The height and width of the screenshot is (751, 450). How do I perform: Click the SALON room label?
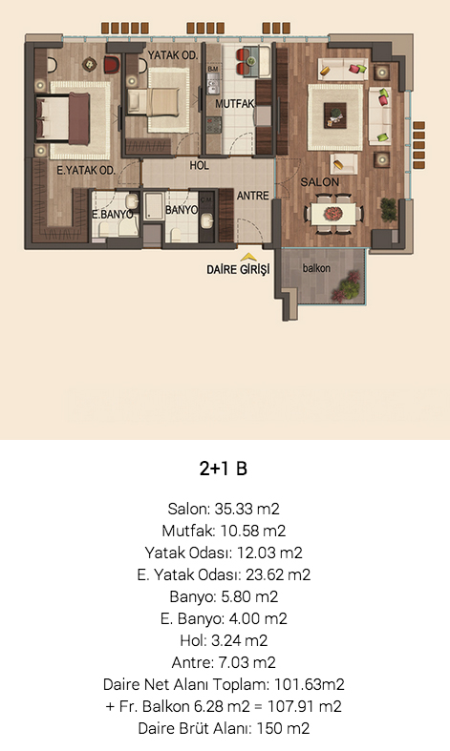[x=319, y=182]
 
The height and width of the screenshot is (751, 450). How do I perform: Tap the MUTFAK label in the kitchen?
[x=235, y=103]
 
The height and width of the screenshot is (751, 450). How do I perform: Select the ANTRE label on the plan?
[x=253, y=196]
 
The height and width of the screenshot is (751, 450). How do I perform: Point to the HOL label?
[x=199, y=165]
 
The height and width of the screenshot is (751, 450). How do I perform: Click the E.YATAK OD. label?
[x=86, y=170]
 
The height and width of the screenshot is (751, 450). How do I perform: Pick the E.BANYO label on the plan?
[x=112, y=214]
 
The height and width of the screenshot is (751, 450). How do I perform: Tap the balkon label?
[x=316, y=268]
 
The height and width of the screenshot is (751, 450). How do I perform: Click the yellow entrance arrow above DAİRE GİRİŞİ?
[x=248, y=258]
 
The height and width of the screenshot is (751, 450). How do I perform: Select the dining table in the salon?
[x=333, y=214]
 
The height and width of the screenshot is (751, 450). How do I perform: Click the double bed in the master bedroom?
[x=63, y=118]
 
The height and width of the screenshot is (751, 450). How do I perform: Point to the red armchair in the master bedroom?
[x=111, y=65]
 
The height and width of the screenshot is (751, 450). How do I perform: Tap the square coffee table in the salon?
[x=334, y=115]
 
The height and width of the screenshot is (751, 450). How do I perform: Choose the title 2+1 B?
[x=224, y=469]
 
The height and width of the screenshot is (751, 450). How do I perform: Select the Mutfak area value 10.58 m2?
[x=253, y=531]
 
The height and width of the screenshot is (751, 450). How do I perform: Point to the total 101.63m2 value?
[x=310, y=684]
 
